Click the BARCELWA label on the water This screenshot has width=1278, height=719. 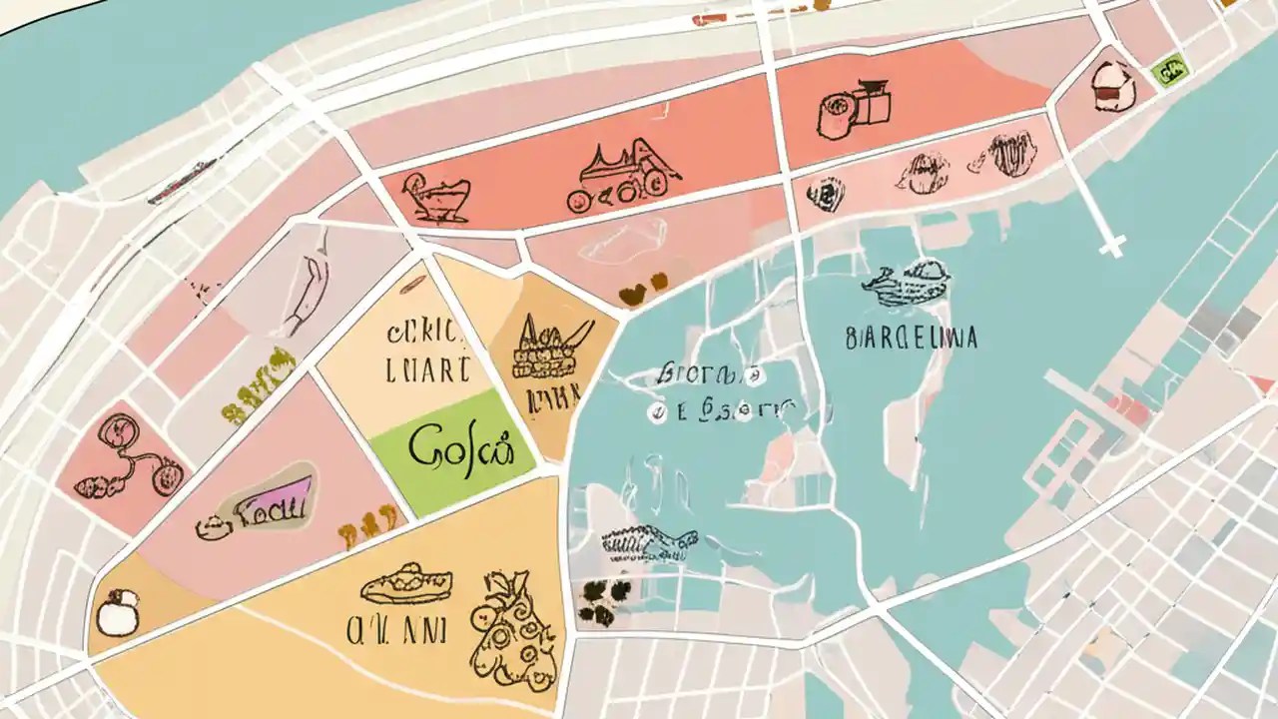pyautogui.click(x=911, y=338)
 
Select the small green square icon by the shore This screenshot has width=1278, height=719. pyautogui.click(x=1168, y=71)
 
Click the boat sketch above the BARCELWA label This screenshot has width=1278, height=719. pyautogui.click(x=907, y=284)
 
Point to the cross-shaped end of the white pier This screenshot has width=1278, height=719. pyautogui.click(x=1110, y=243)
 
